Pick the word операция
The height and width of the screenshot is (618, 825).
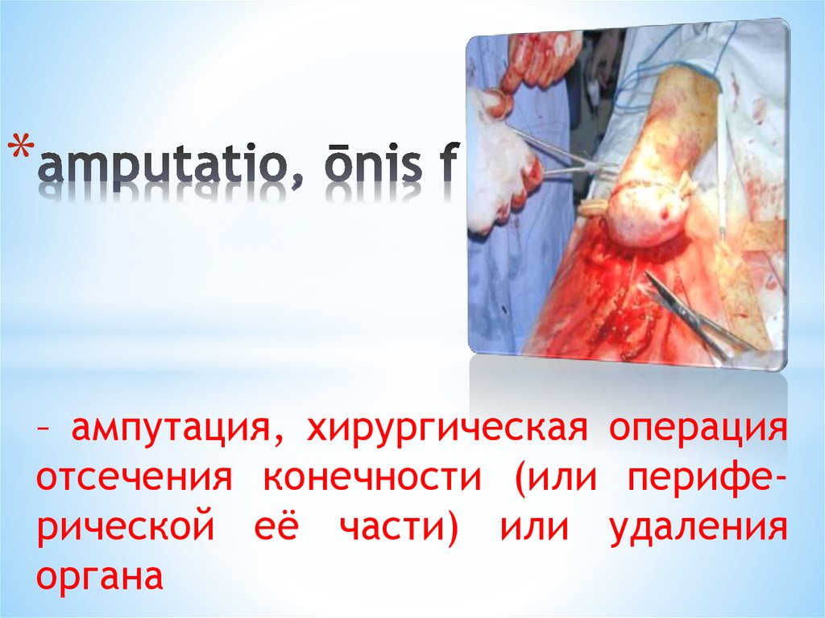(x=698, y=429)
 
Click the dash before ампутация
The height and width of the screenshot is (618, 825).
(x=46, y=429)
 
